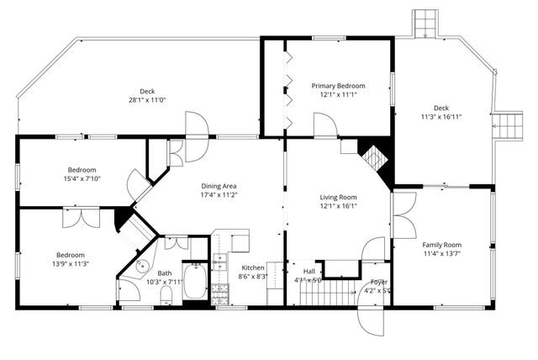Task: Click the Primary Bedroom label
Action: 339,86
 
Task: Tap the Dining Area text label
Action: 219,186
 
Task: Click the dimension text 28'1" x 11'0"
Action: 147,100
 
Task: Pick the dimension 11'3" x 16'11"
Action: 441,116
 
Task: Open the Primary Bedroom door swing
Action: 325,126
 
